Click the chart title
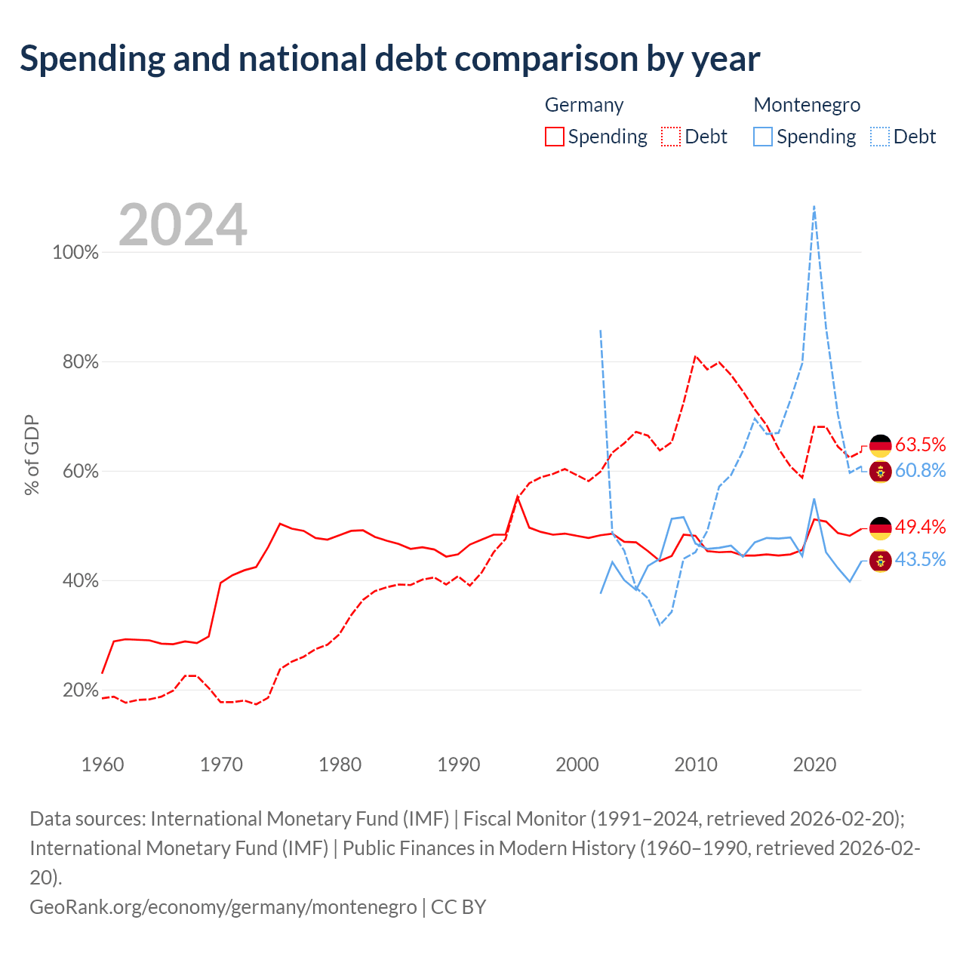(x=389, y=59)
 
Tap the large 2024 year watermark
(x=183, y=224)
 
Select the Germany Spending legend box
(x=554, y=137)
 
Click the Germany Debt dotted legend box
(x=670, y=137)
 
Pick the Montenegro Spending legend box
(x=762, y=137)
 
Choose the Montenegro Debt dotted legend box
(x=879, y=137)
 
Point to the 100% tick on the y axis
(x=75, y=252)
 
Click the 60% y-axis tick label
(x=80, y=471)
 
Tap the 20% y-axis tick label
(x=80, y=691)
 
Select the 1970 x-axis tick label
(x=221, y=764)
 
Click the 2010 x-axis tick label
(x=696, y=764)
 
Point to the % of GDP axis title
(x=32, y=454)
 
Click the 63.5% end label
(x=921, y=445)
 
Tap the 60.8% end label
(x=921, y=470)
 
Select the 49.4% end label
(x=921, y=527)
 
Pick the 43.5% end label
(x=921, y=559)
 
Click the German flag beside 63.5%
(x=880, y=446)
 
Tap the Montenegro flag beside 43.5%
(x=880, y=561)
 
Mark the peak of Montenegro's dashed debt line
(x=814, y=206)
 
